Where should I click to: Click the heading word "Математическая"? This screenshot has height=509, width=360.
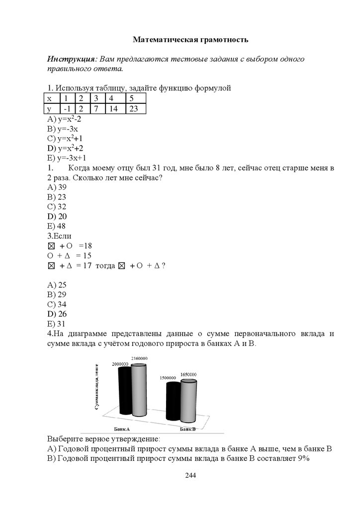coord(161,39)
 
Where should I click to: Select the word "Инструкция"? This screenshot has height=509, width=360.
coord(69,59)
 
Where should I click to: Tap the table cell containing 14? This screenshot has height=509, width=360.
coord(113,108)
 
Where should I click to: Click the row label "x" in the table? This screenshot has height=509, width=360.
coord(49,98)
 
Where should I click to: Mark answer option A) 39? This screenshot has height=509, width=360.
coord(57,187)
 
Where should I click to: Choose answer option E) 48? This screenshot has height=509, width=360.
coord(57,226)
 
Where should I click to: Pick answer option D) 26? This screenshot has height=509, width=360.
coord(57,314)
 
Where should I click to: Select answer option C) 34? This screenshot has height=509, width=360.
coord(57,304)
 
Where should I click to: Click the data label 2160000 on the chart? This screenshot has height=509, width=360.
coord(139,358)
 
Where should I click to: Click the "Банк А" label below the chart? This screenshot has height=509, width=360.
coord(121,428)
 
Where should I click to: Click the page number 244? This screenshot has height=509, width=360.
coord(190,476)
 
